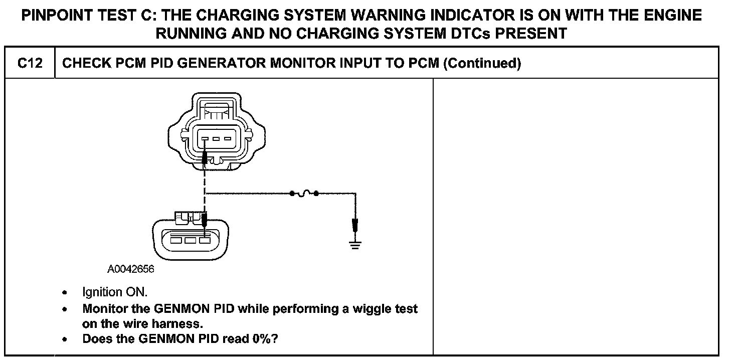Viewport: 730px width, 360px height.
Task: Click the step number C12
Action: [x=29, y=63]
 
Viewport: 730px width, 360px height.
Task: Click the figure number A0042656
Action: [x=131, y=269]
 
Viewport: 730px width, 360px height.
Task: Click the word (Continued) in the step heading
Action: [x=482, y=63]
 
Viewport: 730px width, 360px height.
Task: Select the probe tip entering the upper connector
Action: [x=205, y=160]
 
